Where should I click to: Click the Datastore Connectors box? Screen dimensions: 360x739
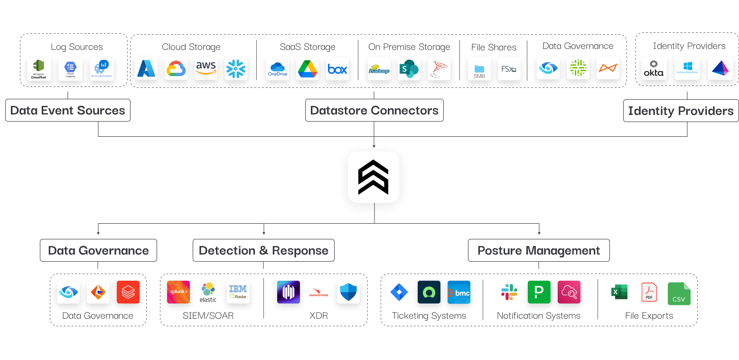pos(374,110)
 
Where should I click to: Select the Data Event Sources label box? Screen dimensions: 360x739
pos(68,110)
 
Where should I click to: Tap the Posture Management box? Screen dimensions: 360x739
pos(539,250)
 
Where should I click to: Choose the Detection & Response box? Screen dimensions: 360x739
pos(263,250)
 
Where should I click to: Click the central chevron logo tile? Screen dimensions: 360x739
pos(374,177)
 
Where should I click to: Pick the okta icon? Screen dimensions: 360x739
pos(653,69)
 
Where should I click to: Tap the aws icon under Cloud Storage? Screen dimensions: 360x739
pos(206,69)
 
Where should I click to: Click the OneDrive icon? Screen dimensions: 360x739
pos(278,69)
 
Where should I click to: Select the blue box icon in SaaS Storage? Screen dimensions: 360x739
pos(337,69)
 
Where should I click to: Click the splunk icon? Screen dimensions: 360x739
pos(178,292)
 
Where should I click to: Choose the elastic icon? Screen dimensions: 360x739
pos(208,292)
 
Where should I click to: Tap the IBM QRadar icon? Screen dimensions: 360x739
pos(238,292)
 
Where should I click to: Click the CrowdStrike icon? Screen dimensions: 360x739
pos(318,292)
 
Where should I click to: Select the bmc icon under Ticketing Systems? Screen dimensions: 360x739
pos(459,292)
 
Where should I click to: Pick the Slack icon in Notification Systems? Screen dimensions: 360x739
pos(509,292)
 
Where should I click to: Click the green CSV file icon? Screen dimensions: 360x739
pos(679,294)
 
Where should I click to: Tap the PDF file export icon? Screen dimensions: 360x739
pos(649,292)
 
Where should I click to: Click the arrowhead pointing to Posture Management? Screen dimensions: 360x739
pos(539,232)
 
